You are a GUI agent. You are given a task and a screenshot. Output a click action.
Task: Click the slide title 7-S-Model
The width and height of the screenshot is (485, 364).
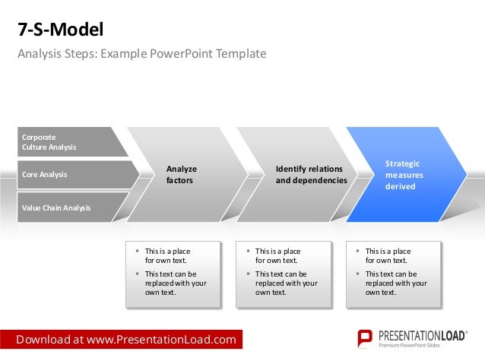click(x=60, y=30)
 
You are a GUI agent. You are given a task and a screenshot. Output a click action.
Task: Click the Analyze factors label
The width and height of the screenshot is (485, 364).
click(x=181, y=175)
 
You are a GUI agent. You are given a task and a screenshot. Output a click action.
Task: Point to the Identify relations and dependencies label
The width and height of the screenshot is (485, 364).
click(x=310, y=175)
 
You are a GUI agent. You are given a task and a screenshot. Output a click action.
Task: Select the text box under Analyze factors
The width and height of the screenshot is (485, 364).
click(x=173, y=274)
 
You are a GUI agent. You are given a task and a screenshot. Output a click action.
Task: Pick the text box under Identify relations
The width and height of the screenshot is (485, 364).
click(x=284, y=274)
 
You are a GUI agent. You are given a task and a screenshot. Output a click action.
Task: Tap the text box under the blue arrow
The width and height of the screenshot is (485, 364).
click(x=394, y=274)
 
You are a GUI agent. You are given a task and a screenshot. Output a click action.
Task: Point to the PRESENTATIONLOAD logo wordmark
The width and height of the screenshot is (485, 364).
click(x=422, y=335)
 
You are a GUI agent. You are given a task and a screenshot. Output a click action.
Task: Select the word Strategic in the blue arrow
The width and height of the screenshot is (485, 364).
click(x=402, y=163)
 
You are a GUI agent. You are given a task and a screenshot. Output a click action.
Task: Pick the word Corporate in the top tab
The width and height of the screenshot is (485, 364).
click(x=39, y=137)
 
